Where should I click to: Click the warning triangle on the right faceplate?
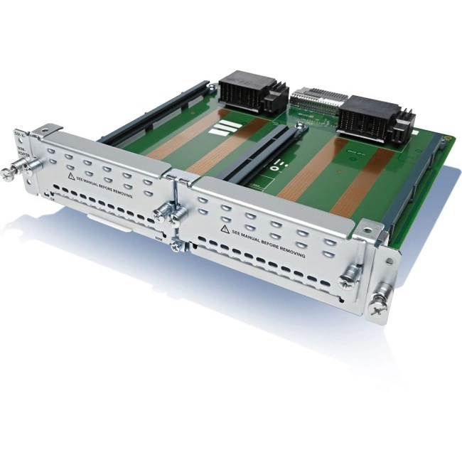click(x=225, y=229)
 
